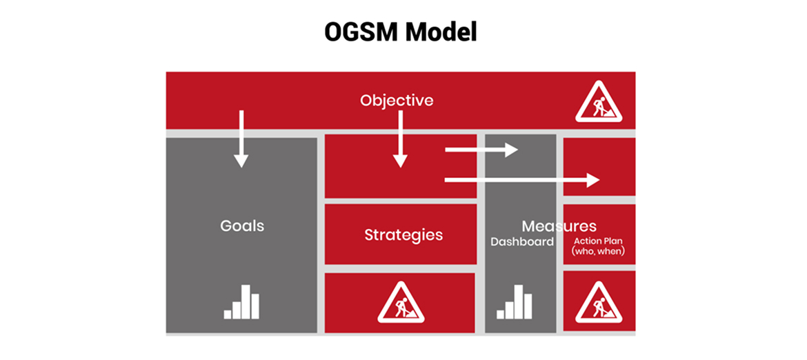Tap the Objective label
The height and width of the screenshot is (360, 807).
[397, 101]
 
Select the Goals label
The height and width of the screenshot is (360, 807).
[242, 226]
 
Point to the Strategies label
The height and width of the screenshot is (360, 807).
[403, 234]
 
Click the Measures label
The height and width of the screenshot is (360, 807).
[559, 226]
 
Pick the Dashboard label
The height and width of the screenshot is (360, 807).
[522, 242]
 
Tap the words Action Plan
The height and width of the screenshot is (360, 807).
[598, 241]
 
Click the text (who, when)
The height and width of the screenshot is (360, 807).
[598, 252]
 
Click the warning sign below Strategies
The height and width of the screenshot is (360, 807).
[401, 302]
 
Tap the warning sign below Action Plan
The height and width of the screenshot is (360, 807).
[599, 303]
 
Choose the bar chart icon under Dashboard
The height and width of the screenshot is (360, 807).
[514, 301]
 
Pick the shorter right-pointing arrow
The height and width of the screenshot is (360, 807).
[481, 150]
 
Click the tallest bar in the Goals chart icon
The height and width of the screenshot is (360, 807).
[246, 300]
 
